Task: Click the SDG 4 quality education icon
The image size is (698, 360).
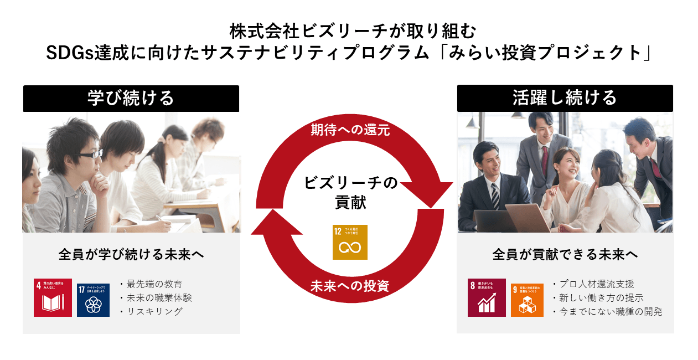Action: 53,297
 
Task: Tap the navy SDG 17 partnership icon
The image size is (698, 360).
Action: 93,300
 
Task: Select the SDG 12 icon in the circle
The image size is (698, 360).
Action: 350,242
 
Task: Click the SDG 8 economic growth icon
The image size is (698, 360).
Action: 487,297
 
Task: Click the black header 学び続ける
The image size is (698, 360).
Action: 131,98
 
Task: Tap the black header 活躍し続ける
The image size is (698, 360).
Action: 565,98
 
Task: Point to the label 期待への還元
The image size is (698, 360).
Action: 350,130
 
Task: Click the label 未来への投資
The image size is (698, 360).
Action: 350,286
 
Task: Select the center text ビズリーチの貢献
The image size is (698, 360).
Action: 350,192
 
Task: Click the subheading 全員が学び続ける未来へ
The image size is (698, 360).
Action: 131,255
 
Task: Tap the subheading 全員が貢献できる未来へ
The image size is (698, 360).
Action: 565,255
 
